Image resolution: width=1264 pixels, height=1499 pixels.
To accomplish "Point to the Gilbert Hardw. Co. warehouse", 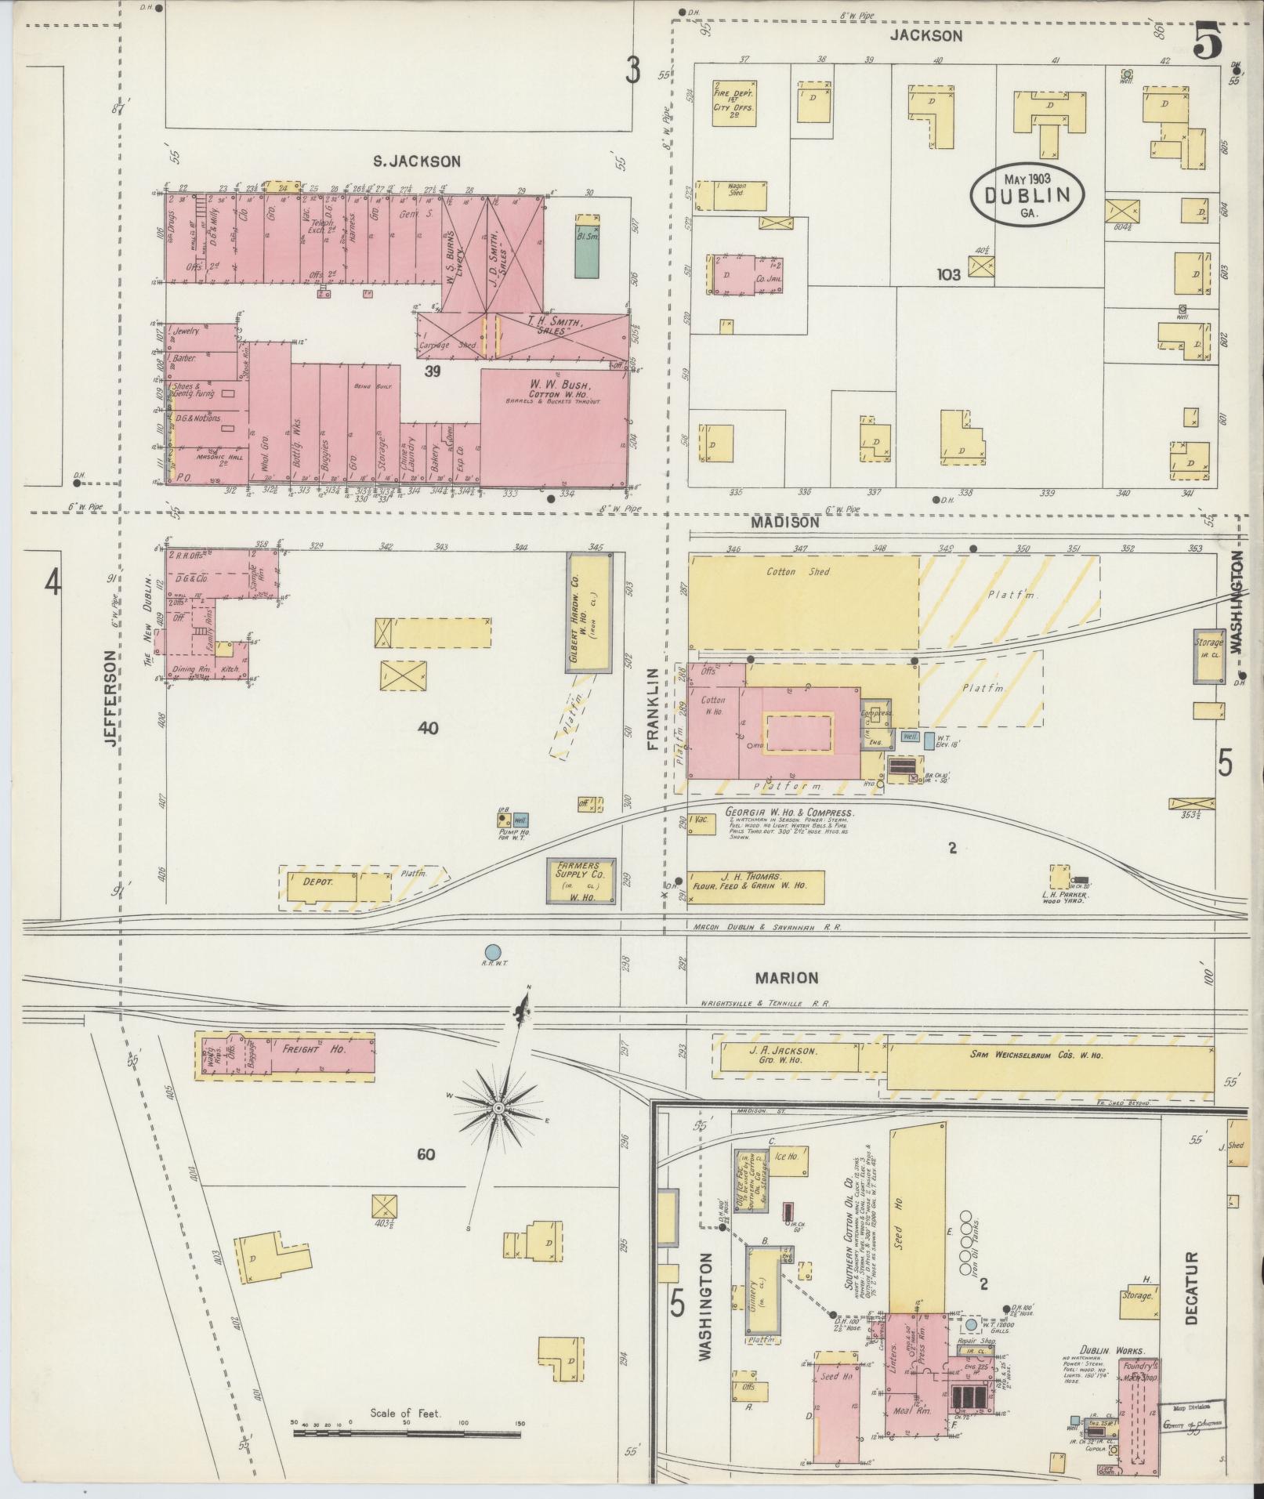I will click(x=589, y=614).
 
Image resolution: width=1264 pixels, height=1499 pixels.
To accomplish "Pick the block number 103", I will click(x=948, y=275).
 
